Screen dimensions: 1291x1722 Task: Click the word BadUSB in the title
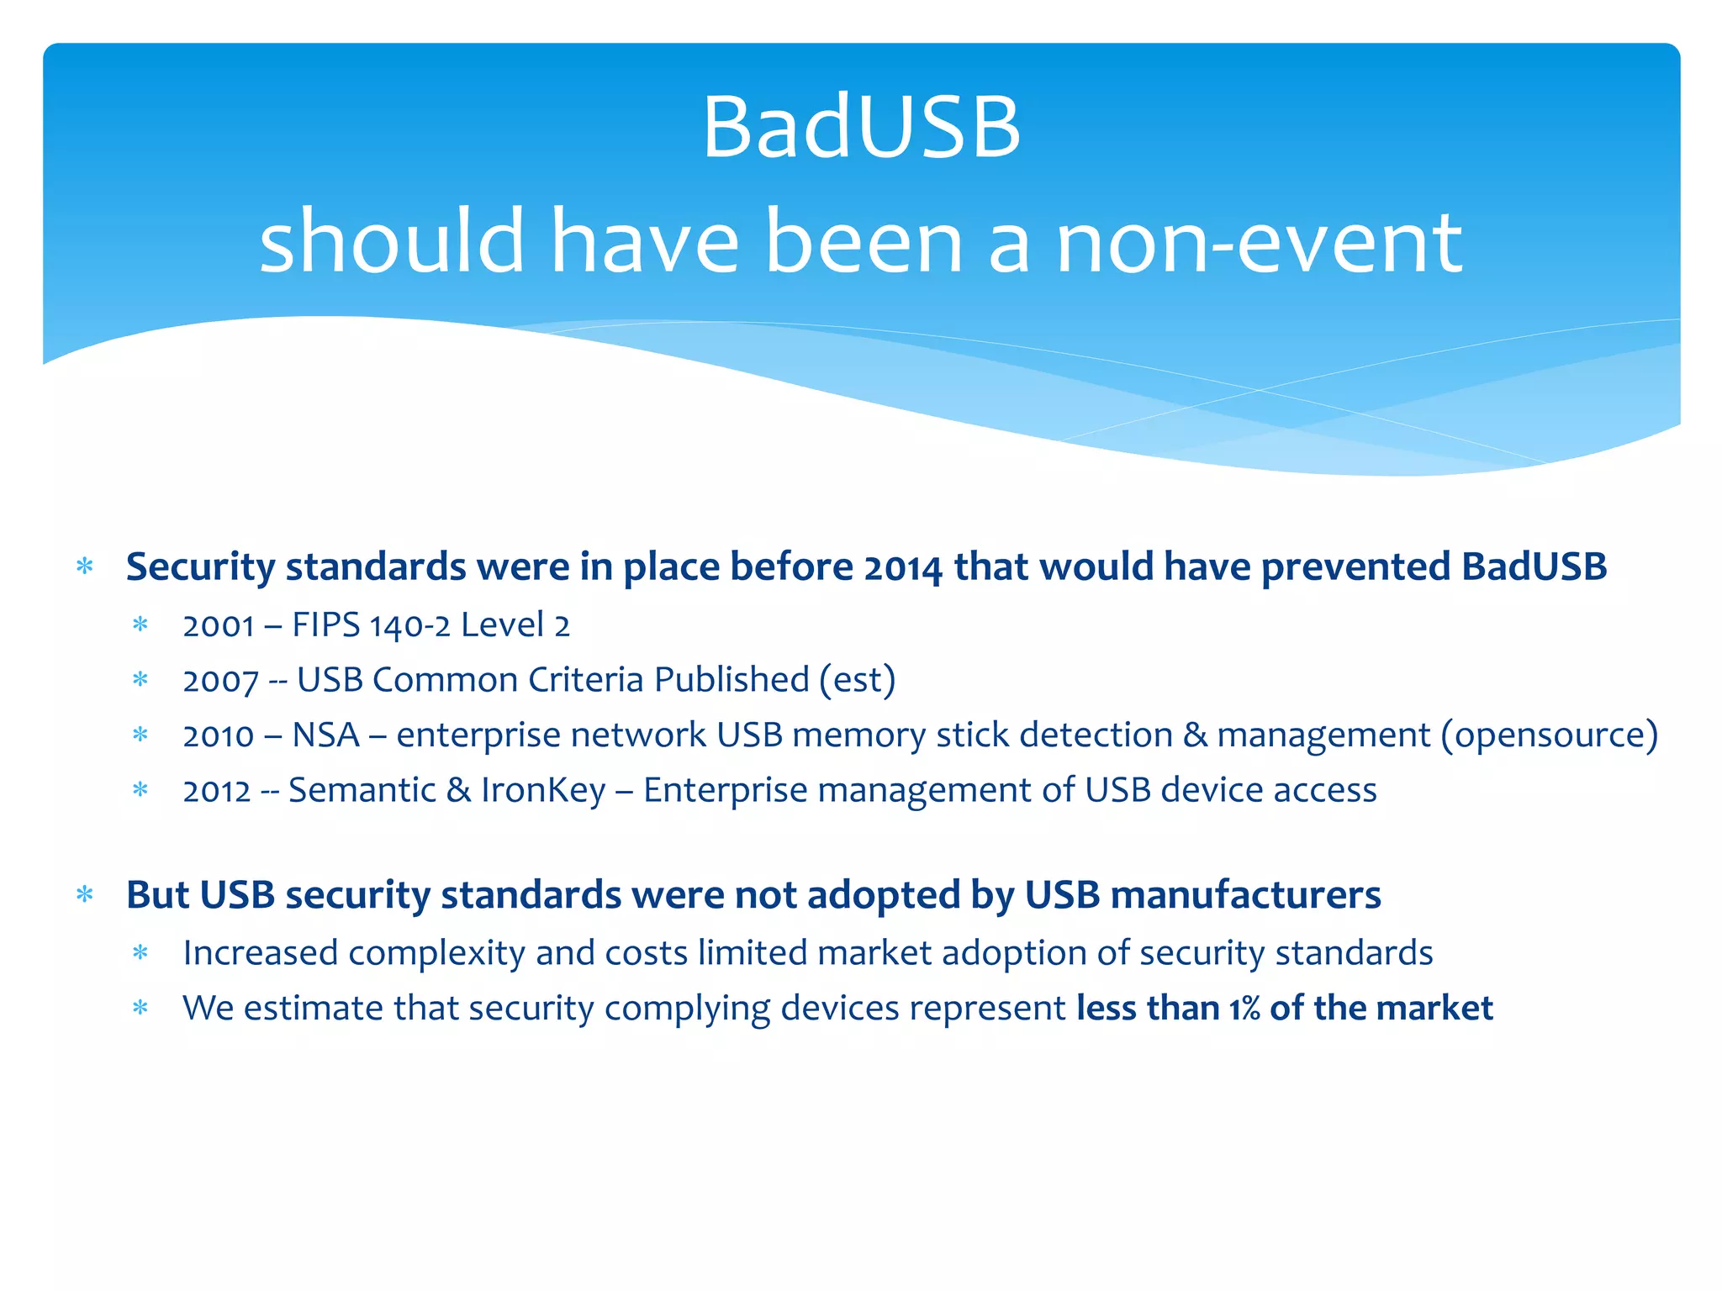[x=861, y=128]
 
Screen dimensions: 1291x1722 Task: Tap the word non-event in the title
[x=1259, y=244]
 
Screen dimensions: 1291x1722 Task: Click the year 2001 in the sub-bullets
[x=218, y=626]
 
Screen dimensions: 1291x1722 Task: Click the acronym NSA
[x=325, y=735]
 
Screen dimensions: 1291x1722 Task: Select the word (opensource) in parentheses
[x=1549, y=735]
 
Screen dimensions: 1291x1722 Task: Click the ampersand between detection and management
[x=1195, y=735]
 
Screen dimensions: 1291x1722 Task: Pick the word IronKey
[x=542, y=790]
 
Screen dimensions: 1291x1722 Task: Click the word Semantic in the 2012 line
[x=362, y=790]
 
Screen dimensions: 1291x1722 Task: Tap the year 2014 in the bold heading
[x=903, y=568]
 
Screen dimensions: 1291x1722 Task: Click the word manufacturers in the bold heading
[x=1245, y=895]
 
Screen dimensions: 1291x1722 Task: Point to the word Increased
[x=260, y=953]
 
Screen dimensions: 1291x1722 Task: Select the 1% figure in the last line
[x=1244, y=1009]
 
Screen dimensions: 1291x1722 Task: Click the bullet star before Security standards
[x=85, y=566]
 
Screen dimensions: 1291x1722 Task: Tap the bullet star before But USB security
[x=85, y=894]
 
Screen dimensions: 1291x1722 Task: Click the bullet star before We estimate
[x=140, y=1008]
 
